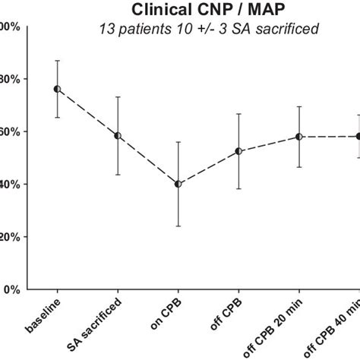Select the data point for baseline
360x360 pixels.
coord(57,89)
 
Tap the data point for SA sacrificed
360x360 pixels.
coord(118,136)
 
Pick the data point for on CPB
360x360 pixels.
coord(178,184)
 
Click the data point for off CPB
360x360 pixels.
coord(238,151)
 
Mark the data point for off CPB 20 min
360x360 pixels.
coord(299,137)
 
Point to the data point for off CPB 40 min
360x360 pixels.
coord(358,136)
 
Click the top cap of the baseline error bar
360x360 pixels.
coord(57,61)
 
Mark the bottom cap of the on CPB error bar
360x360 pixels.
coord(178,226)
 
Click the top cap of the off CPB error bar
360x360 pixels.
coord(238,114)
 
